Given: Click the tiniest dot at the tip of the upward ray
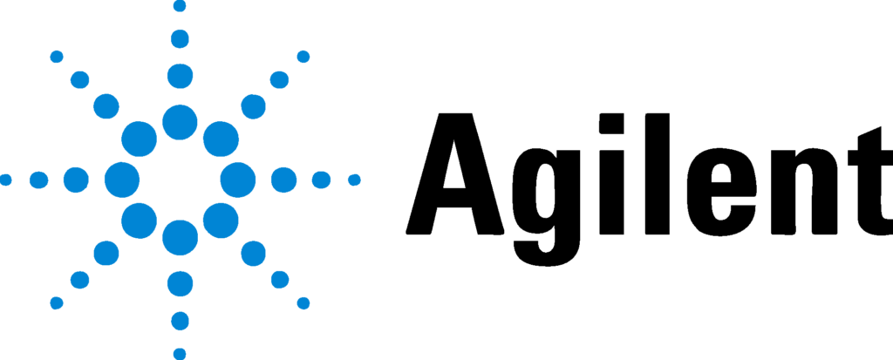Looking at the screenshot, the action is click(180, 6).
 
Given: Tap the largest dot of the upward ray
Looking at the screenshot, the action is click(180, 122).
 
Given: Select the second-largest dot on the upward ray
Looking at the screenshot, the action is click(180, 76).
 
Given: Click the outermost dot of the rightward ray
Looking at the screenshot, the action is click(354, 180).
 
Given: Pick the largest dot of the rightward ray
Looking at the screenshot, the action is click(238, 180).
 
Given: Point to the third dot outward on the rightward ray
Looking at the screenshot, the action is click(321, 180).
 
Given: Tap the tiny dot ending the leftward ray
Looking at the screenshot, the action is click(5, 180).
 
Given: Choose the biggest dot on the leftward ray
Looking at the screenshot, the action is click(122, 180).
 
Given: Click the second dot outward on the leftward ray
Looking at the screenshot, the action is click(76, 180).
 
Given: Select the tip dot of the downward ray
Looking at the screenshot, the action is click(180, 354).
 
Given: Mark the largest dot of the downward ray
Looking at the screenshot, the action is click(180, 238).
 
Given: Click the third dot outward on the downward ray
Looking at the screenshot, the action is click(180, 321).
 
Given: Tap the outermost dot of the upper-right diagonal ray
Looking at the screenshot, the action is click(303, 57).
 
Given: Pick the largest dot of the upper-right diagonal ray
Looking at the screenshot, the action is click(221, 139).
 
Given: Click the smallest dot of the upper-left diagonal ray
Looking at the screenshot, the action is click(57, 57).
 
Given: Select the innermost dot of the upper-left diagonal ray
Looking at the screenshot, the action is click(139, 139).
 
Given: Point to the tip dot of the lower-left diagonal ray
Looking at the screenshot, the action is click(57, 303).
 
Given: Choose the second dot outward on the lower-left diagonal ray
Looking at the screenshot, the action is click(106, 254).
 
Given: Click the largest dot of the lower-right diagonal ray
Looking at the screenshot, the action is click(221, 221).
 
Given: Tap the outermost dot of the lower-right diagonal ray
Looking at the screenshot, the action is click(303, 303).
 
